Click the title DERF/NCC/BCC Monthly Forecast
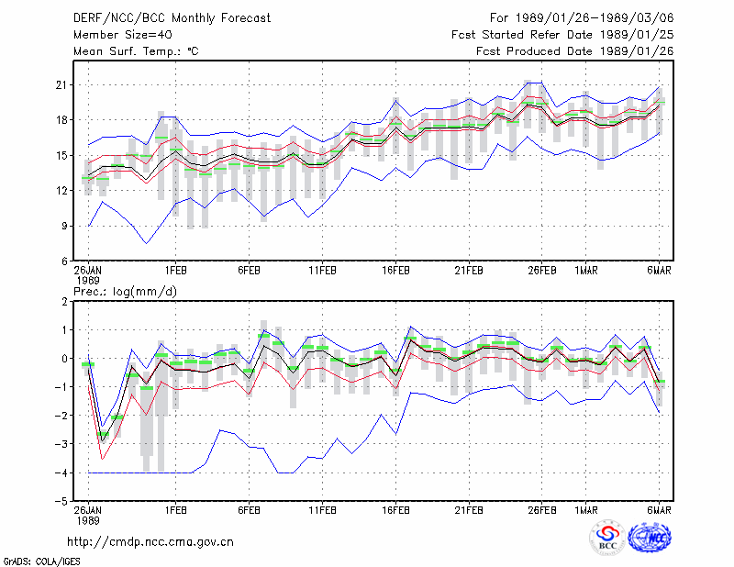click(x=172, y=18)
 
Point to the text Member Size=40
click(x=123, y=35)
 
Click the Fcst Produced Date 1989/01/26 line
click(x=575, y=51)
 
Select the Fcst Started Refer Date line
click(x=562, y=35)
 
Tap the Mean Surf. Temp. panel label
click(x=136, y=51)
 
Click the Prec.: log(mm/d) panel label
click(x=125, y=292)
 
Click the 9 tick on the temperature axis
click(x=64, y=226)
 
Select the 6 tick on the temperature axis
click(x=64, y=261)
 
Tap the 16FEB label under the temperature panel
click(x=395, y=271)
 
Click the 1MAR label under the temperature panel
click(x=585, y=271)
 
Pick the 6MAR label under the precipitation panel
click(x=659, y=510)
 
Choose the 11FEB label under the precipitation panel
click(x=322, y=510)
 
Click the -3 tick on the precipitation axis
click(x=61, y=444)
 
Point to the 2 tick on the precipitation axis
click(x=64, y=302)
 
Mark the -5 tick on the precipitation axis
click(x=61, y=502)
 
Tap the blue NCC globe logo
click(x=650, y=538)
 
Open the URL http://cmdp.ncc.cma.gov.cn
click(x=150, y=541)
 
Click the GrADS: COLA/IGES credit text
click(x=41, y=561)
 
